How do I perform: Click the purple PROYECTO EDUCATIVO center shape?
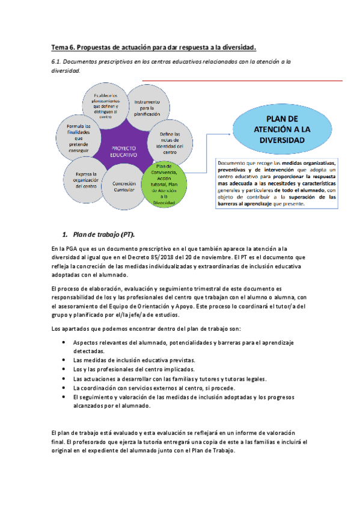(x=123, y=150)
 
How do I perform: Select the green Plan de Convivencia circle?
(x=163, y=184)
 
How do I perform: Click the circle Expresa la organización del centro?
(x=82, y=179)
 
